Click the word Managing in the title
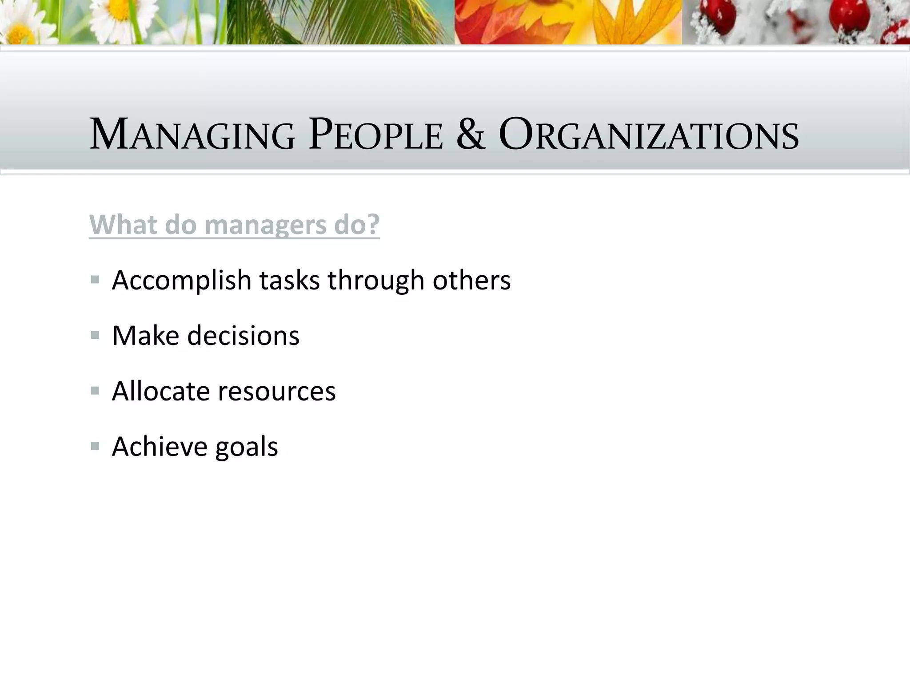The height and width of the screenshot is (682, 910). pos(192,134)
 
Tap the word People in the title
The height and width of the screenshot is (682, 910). pos(375,134)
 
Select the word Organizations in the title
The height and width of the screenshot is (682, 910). pos(648,134)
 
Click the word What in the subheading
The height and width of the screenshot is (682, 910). pos(123,225)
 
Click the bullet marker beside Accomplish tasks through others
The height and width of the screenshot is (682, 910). pos(95,280)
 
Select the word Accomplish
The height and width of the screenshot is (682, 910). pos(182,281)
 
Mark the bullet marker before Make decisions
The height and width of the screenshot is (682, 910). pos(95,335)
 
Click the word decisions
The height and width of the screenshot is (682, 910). pos(243,336)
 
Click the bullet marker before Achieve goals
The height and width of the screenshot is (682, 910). pos(95,446)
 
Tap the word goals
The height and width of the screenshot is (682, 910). pos(247,448)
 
